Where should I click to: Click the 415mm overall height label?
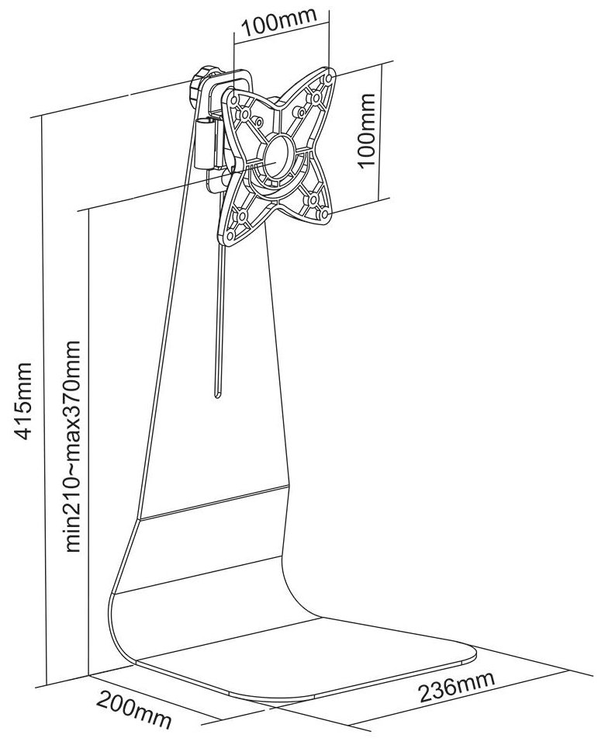pyautogui.click(x=23, y=400)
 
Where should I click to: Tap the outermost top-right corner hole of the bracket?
pyautogui.click(x=327, y=77)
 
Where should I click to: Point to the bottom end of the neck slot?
pyautogui.click(x=217, y=396)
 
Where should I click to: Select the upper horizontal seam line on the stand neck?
pyautogui.click(x=214, y=502)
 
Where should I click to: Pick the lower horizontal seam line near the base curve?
pyautogui.click(x=199, y=574)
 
